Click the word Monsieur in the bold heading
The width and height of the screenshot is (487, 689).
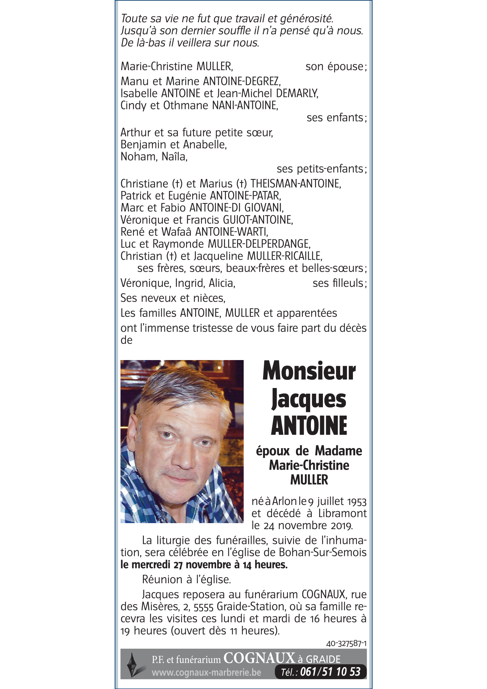coord(309,371)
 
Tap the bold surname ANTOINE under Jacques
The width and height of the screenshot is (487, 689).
coord(309,425)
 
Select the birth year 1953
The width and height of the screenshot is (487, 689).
coord(356,502)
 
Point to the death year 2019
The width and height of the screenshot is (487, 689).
coord(342,526)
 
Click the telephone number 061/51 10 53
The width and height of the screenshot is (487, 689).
coord(330,672)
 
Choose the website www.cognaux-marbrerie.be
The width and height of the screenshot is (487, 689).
coord(206,672)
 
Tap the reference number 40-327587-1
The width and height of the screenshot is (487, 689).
coord(346,643)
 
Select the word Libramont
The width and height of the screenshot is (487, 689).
coord(342,514)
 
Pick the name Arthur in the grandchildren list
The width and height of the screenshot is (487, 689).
coord(134,133)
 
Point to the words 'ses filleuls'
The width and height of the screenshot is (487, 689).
coord(338,283)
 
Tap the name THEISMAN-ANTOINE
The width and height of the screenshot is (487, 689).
coord(295,184)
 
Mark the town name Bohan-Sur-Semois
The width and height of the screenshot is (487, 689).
coord(323,552)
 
